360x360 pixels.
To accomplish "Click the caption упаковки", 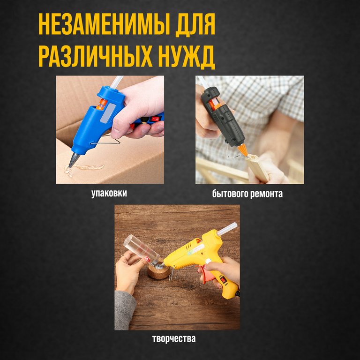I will coord(109,193).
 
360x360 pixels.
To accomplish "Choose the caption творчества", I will coord(173,338).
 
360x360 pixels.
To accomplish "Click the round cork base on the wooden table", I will coord(158,271).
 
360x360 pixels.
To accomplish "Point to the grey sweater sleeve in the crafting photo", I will coord(125,309).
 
